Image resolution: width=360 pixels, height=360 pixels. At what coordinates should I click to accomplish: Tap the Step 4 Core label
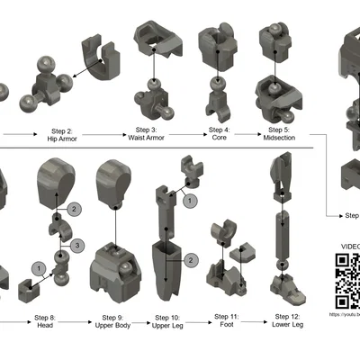[219, 134]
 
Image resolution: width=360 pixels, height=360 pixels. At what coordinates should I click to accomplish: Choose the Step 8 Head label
[46, 323]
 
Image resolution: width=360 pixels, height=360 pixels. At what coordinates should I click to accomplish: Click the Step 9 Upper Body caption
[113, 323]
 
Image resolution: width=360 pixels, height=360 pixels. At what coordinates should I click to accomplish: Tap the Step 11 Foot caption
[226, 323]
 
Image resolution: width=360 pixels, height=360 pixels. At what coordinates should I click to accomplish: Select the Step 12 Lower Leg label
[287, 323]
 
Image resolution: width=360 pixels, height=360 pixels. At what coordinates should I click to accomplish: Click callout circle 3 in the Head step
[78, 245]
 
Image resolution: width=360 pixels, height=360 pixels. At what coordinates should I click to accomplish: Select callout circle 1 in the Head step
[38, 267]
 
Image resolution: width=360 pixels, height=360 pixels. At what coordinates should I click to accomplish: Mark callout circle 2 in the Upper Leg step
[192, 259]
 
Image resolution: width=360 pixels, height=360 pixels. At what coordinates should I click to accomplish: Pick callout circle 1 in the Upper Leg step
[189, 202]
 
